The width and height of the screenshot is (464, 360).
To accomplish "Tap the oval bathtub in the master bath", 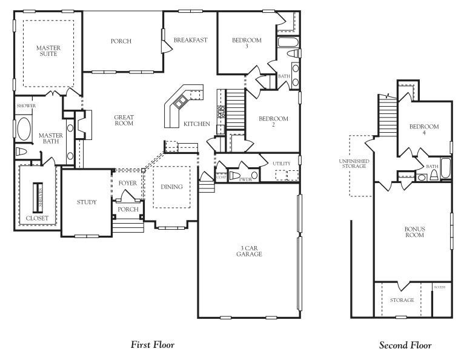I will coord(25,129).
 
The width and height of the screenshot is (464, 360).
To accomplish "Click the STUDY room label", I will coord(87,202).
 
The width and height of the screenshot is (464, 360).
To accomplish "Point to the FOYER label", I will coord(127,183).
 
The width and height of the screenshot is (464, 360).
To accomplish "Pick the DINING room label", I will coord(171,187).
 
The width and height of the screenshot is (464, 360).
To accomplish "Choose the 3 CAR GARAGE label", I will coord(249,251).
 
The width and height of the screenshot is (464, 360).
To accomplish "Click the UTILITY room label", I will coord(281,164).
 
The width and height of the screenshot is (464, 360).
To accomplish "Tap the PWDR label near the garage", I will coord(245,179).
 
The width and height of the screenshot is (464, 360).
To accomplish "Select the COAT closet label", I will coord(221,177).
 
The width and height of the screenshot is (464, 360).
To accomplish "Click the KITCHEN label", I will coord(197,124).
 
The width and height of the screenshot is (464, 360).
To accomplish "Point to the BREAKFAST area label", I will coord(190,41).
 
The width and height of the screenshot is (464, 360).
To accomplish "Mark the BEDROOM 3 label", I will coord(247,43).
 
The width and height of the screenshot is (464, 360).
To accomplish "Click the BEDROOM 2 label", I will coord(273,122).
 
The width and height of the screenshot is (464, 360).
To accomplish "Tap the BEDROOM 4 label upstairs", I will coord(424,129).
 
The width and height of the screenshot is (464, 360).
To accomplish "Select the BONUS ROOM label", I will coord(414,232).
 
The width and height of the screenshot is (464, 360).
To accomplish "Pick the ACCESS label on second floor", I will coord(440,287).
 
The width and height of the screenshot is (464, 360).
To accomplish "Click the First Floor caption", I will coord(153,345).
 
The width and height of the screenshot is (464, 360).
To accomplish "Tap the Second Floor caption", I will coord(405,345).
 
